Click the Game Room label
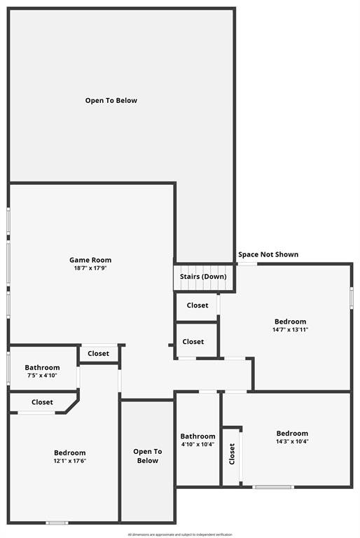pyautogui.click(x=90, y=260)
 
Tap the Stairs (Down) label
pyautogui.click(x=203, y=277)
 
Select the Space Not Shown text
pyautogui.click(x=268, y=254)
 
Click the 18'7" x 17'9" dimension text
pyautogui.click(x=90, y=268)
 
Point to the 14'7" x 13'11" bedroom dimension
pyautogui.click(x=291, y=329)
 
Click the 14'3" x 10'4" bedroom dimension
pyautogui.click(x=291, y=441)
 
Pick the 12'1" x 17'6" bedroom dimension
pyautogui.click(x=70, y=461)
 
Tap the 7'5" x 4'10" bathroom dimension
pyautogui.click(x=42, y=375)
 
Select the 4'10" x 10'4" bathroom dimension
pyautogui.click(x=198, y=444)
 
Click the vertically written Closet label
pyautogui.click(x=232, y=454)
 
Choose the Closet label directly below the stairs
pyautogui.click(x=197, y=305)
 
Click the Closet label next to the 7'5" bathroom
pyautogui.click(x=98, y=354)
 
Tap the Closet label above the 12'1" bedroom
pyautogui.click(x=42, y=402)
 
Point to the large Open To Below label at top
pyautogui.click(x=111, y=100)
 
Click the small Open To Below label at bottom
pyautogui.click(x=147, y=456)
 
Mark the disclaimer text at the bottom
pyautogui.click(x=180, y=534)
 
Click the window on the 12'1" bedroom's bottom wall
pyautogui.click(x=57, y=522)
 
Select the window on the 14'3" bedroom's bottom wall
pyautogui.click(x=272, y=487)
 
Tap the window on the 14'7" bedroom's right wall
pyautogui.click(x=352, y=296)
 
